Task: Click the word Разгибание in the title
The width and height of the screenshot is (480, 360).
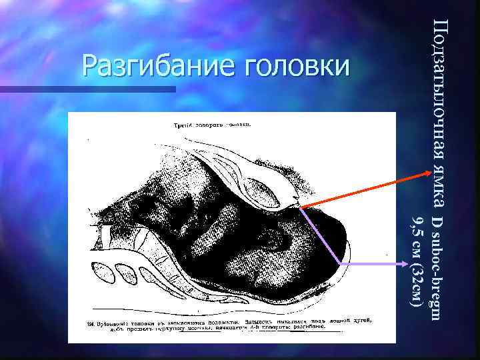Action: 160,65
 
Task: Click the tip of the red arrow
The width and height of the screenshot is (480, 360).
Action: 429,173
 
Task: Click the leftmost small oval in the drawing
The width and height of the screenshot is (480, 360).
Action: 102,271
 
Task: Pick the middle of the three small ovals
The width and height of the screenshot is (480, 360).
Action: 125,273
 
